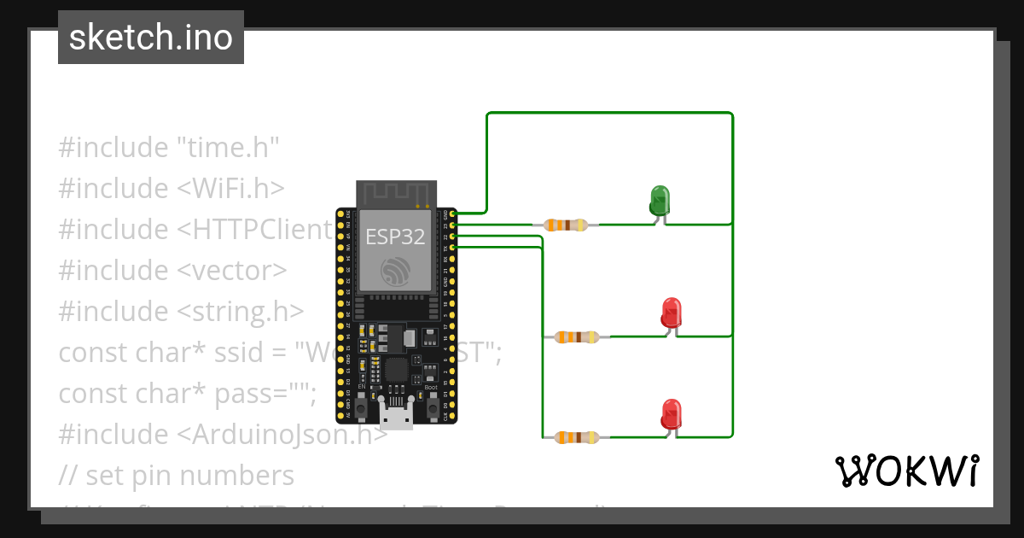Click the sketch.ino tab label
(151, 38)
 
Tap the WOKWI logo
(907, 471)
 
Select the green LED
(660, 201)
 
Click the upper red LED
(672, 313)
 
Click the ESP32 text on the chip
(395, 237)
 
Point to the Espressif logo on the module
(395, 272)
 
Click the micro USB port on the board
(395, 418)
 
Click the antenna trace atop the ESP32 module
(396, 194)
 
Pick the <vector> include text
(232, 270)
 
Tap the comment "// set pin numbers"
(177, 475)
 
